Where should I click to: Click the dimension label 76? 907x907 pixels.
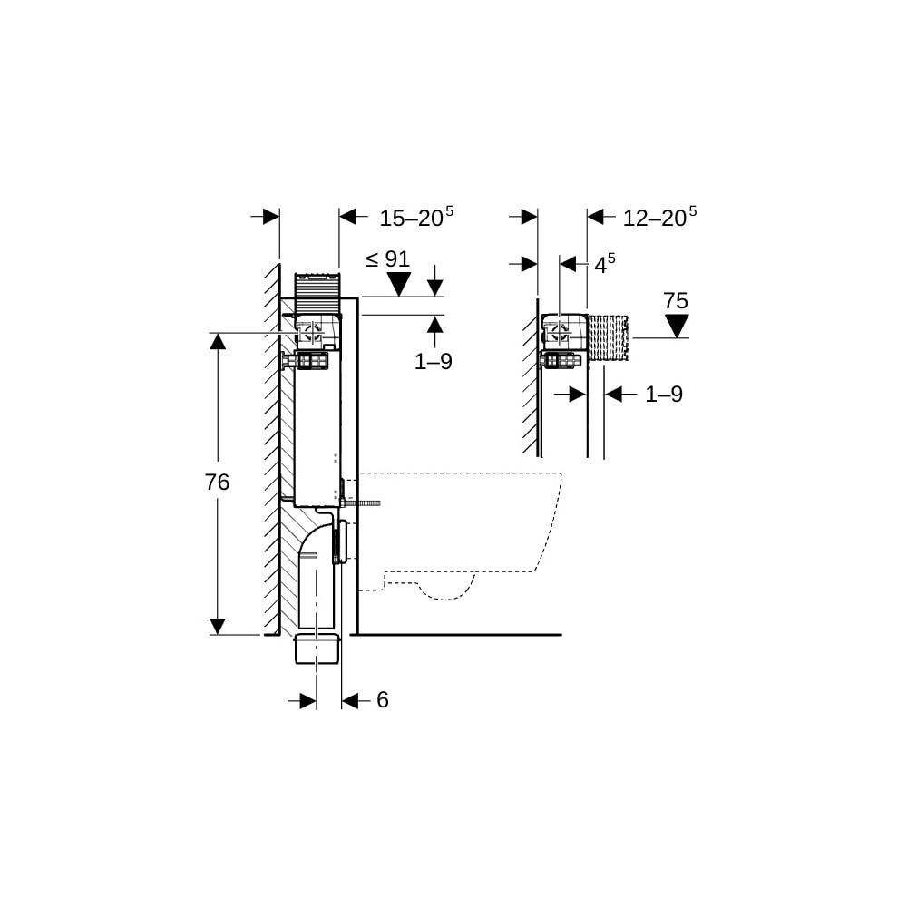pyautogui.click(x=217, y=482)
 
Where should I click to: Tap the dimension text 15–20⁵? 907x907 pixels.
pyautogui.click(x=416, y=217)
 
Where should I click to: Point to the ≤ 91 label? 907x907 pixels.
pyautogui.click(x=387, y=259)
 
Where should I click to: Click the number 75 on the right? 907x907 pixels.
pyautogui.click(x=676, y=301)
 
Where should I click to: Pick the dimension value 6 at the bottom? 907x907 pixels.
pyautogui.click(x=383, y=700)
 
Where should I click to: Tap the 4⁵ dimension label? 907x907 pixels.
pyautogui.click(x=605, y=264)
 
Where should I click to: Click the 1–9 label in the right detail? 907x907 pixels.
pyautogui.click(x=664, y=395)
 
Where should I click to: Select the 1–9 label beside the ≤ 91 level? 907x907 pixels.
pyautogui.click(x=434, y=362)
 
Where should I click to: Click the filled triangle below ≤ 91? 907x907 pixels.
pyautogui.click(x=398, y=283)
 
